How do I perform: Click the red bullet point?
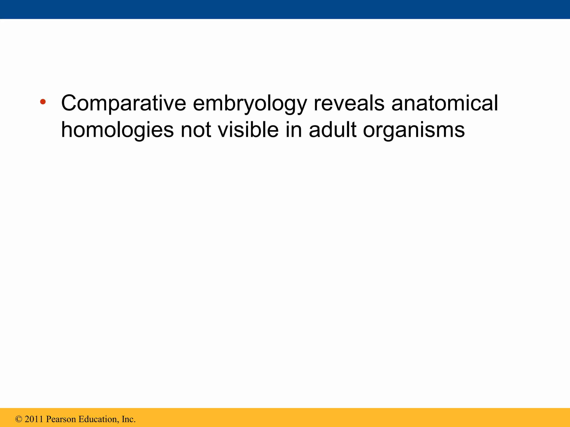[x=43, y=101]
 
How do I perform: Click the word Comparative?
[x=123, y=103]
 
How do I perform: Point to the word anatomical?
[x=444, y=103]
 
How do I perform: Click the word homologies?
[x=117, y=130]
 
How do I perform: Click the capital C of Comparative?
[x=69, y=103]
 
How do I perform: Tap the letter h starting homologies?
[x=67, y=129]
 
